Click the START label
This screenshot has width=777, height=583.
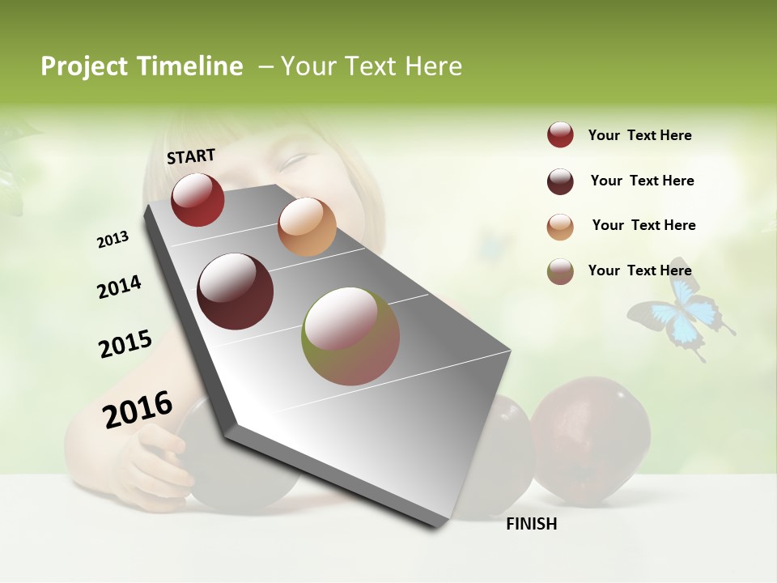tap(191, 156)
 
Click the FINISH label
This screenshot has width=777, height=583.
tap(531, 524)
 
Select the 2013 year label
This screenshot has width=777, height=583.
tap(113, 240)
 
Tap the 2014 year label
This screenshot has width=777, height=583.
tap(119, 287)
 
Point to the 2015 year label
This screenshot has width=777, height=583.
tap(125, 344)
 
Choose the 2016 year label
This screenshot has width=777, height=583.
tap(138, 409)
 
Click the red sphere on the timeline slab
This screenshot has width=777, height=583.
tap(197, 199)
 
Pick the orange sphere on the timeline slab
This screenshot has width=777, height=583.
tap(307, 227)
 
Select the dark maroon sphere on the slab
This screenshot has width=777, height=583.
tap(236, 291)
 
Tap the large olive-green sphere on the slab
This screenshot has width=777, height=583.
tap(350, 335)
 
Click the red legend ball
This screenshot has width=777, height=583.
tap(560, 134)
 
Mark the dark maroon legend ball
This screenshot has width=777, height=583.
tap(560, 181)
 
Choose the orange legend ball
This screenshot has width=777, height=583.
tap(560, 226)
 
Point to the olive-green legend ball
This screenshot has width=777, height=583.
tap(560, 271)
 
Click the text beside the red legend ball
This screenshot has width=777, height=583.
tap(639, 135)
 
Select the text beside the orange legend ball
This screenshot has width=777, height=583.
tap(643, 225)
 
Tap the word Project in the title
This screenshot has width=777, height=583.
tap(85, 66)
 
